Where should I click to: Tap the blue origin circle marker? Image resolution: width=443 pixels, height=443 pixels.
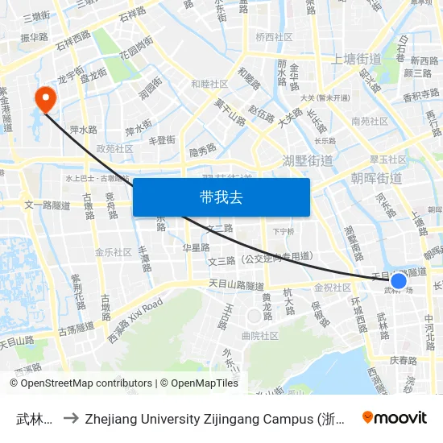(398, 281)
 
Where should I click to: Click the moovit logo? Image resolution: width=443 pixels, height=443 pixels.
(395, 417)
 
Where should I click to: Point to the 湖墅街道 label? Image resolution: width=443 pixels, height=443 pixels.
(308, 160)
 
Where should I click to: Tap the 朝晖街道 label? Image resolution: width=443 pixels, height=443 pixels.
(376, 178)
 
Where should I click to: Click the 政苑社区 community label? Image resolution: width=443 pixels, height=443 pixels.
(114, 148)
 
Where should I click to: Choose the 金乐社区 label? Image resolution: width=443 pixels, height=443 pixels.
(113, 251)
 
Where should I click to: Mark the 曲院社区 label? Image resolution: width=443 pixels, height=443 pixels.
(259, 335)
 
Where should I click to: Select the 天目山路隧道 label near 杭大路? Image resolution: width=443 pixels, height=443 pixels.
(236, 285)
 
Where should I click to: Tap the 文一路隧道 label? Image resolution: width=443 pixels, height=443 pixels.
(49, 205)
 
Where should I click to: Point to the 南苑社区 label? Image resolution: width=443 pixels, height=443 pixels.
(370, 122)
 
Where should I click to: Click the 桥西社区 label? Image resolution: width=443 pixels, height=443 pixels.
(275, 37)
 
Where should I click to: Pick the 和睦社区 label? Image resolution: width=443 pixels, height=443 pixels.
(209, 84)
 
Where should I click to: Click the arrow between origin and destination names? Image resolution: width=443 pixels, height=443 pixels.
(70, 418)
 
